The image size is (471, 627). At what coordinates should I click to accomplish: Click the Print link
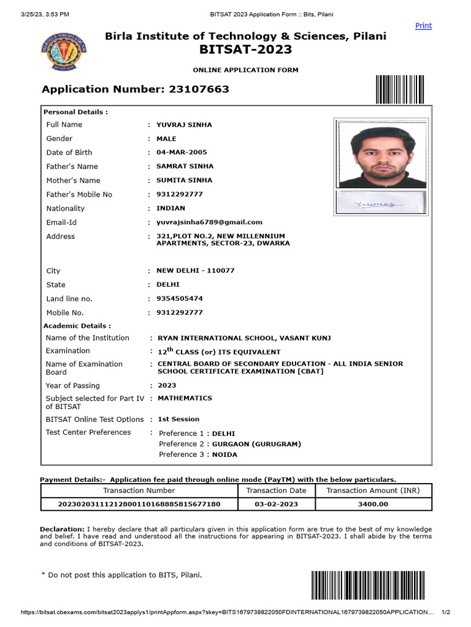[x=423, y=26]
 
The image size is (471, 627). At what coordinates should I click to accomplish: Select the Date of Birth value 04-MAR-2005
[x=182, y=152]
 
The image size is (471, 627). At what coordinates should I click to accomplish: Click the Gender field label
[x=59, y=138]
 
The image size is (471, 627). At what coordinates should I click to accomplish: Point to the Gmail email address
[x=209, y=222]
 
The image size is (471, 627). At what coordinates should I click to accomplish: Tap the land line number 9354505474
[x=180, y=299]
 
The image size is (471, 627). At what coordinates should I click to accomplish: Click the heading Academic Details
[x=77, y=326]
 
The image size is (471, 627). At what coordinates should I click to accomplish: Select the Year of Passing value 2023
[x=167, y=386]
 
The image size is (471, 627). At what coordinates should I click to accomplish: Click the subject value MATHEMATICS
[x=185, y=398]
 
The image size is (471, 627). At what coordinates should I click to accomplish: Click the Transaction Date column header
[x=276, y=490]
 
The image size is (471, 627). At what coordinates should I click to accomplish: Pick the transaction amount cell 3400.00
[x=373, y=505]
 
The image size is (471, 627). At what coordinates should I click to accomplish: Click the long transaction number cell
[x=139, y=505]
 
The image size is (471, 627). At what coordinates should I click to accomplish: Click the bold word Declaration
[x=62, y=529]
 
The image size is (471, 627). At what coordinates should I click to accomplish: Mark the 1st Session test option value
[x=178, y=419]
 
